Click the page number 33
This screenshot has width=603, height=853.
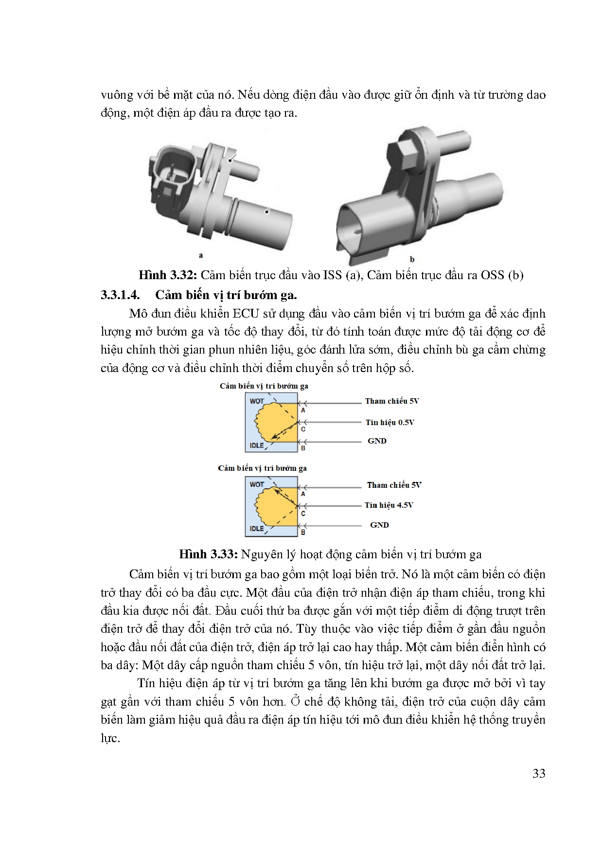[x=539, y=774]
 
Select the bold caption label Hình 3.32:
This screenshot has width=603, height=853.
[x=167, y=275]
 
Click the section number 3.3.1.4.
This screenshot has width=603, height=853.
[x=120, y=295]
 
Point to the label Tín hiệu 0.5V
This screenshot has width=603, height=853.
[x=390, y=423]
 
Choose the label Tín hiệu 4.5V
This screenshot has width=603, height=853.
[x=389, y=505]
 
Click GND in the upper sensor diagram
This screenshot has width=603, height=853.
[x=377, y=441]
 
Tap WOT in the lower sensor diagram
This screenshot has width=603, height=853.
[x=256, y=484]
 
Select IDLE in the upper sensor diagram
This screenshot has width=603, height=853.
[x=256, y=445]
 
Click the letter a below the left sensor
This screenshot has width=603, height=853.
[x=201, y=255]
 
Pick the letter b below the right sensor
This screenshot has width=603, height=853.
[x=412, y=260]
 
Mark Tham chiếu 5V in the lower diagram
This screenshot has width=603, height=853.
[x=394, y=485]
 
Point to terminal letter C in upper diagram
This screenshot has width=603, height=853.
[x=303, y=429]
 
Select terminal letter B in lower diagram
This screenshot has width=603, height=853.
[x=303, y=533]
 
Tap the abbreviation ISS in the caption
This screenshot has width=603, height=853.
[x=332, y=275]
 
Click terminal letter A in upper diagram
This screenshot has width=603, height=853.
[x=303, y=410]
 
